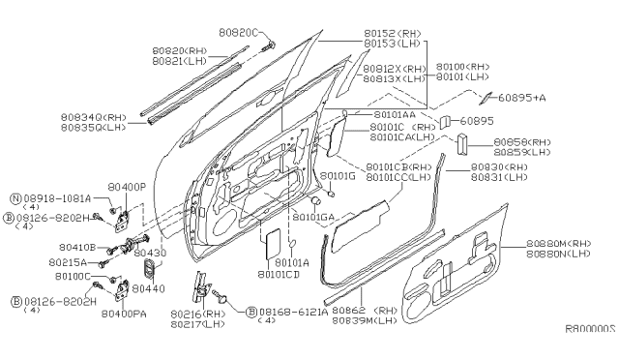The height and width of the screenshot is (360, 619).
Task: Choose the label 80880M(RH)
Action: point(559,244)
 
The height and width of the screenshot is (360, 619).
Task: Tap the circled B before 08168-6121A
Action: point(251,313)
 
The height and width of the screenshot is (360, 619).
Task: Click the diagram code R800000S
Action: point(590,329)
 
